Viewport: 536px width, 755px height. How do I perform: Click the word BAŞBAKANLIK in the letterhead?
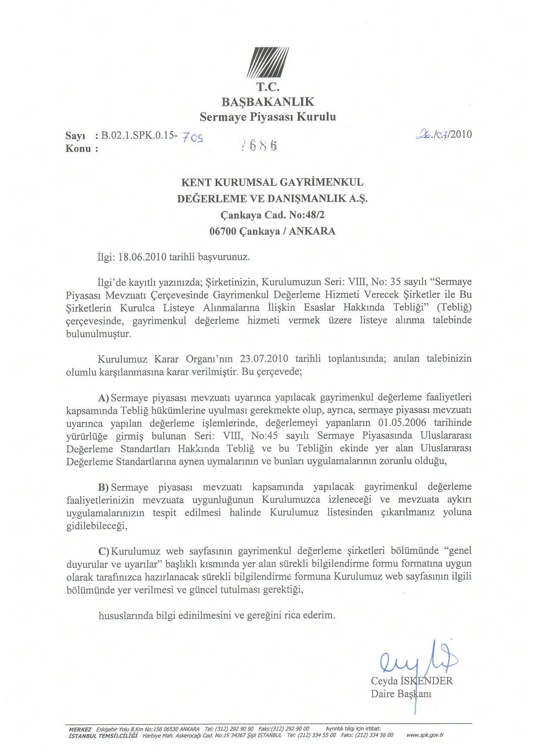point(268,102)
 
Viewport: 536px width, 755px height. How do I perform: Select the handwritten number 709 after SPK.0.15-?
point(193,137)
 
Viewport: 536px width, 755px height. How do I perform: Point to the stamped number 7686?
point(259,145)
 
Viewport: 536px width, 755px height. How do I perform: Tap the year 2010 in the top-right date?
point(461,134)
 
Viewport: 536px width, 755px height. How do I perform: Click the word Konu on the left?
point(78,149)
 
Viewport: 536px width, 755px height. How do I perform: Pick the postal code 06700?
point(223,231)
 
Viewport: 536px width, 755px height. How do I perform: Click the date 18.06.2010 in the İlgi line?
point(142,257)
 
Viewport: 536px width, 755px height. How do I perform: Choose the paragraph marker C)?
point(104,551)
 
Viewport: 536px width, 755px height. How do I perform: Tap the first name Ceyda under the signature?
point(384,681)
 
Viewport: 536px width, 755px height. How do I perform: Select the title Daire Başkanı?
point(401,694)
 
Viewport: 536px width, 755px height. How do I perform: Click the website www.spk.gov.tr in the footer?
point(425,735)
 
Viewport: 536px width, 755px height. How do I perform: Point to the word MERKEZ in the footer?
point(80,729)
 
